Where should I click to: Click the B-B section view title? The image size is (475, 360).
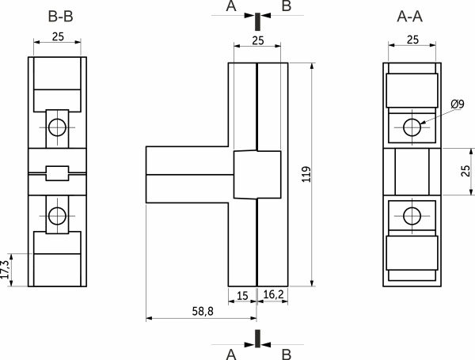61,17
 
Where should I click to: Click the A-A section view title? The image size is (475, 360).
409,17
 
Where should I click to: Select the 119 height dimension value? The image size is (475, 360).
307,174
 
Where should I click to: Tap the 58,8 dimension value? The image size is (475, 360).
203,311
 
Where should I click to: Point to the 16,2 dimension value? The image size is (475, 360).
273,294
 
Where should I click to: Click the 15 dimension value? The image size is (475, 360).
242,296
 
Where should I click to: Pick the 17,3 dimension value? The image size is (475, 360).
6,270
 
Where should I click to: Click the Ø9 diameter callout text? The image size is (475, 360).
458,104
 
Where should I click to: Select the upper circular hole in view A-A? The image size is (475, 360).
412,127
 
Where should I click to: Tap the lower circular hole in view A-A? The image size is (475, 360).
412,216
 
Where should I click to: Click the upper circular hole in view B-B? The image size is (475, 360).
57,127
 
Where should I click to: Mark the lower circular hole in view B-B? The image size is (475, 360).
57,216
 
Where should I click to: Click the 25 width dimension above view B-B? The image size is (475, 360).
58,36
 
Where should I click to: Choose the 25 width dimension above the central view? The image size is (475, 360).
258,40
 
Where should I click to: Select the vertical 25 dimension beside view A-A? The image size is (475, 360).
465,171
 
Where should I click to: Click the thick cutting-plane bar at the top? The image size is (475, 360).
257,21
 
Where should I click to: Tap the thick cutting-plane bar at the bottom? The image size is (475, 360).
257,339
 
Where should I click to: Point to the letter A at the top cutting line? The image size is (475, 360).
231,6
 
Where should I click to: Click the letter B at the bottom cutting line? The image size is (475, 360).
287,354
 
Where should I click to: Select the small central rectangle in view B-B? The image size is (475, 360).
57,173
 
